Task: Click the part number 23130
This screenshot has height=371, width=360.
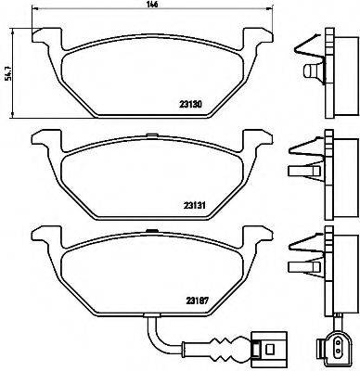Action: (x=190, y=105)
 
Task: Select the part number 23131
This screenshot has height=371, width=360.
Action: (x=195, y=205)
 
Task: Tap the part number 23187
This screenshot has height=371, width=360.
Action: (x=197, y=300)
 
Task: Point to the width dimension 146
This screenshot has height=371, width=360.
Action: (x=153, y=5)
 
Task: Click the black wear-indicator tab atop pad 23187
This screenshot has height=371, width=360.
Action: (x=151, y=230)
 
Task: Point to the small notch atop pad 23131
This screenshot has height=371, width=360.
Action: (x=151, y=134)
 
